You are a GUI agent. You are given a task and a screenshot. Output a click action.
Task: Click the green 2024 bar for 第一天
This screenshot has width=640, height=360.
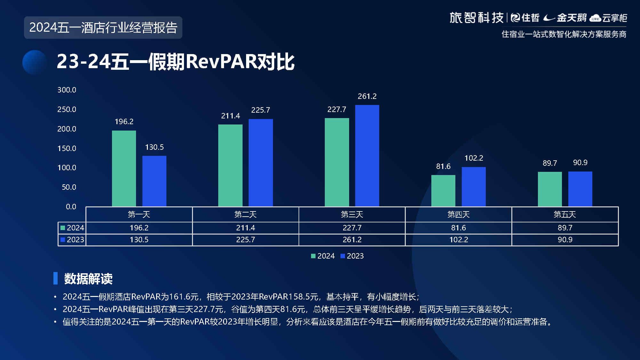[x=124, y=168]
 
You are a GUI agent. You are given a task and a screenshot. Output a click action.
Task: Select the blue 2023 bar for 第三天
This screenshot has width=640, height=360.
[x=367, y=156]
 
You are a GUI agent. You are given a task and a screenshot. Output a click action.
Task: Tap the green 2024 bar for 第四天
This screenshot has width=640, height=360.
[x=443, y=190]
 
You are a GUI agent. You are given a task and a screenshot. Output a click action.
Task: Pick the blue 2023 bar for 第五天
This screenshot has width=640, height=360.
[x=580, y=189]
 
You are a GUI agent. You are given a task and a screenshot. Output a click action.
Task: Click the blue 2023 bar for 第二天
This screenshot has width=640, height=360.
[x=260, y=163]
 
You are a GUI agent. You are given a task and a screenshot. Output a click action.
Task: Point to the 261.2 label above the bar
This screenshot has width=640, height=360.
[x=367, y=96]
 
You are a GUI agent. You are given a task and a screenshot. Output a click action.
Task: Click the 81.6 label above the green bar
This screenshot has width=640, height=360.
[x=443, y=166]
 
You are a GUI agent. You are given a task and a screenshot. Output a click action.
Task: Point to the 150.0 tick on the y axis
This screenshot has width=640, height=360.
[x=67, y=148]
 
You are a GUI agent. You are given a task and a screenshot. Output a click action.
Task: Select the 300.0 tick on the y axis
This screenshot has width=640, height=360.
[x=67, y=90]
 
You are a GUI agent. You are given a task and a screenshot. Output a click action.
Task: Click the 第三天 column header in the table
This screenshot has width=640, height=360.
[x=352, y=214]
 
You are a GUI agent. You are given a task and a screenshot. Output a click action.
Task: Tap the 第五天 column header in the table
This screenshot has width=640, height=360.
[x=565, y=214]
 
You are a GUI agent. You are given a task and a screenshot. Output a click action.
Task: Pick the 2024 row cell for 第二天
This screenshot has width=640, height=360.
[x=245, y=228]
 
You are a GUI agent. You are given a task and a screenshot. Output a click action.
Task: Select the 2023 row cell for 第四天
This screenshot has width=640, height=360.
[x=459, y=240]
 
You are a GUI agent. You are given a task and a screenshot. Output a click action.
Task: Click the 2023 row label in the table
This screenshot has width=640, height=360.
[x=72, y=240]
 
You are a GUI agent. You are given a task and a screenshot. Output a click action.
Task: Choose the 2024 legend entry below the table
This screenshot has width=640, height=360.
[x=323, y=256]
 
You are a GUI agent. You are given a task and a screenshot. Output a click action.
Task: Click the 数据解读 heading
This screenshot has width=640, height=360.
[x=88, y=279]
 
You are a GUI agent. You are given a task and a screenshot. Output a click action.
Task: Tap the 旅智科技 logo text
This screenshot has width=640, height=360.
[x=476, y=18]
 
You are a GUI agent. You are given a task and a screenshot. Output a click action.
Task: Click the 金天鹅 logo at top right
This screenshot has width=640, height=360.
[x=566, y=18]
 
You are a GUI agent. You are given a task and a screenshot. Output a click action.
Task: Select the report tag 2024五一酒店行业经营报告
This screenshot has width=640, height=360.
[x=103, y=28]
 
